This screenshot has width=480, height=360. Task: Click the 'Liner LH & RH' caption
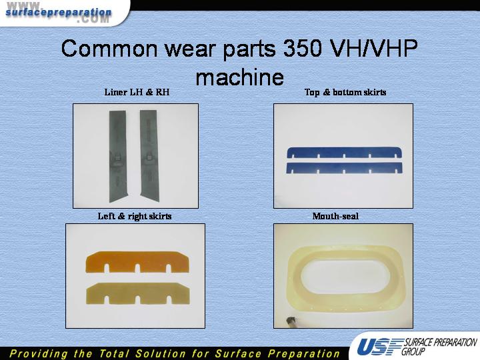click(137, 92)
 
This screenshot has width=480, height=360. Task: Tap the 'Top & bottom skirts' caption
click(345, 92)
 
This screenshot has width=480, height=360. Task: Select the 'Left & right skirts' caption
click(135, 216)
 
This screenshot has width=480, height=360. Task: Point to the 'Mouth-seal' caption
click(335, 216)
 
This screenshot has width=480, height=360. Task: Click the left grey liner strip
click(117, 156)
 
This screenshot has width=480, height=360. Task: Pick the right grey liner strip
click(149, 156)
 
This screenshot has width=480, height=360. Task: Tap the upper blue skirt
click(345, 153)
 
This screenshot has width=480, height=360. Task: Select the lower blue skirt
click(345, 168)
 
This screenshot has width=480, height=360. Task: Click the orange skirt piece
click(137, 262)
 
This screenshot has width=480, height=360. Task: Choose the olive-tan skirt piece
click(138, 293)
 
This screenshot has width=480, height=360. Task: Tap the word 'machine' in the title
click(240, 77)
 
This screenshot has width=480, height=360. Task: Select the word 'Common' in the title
click(110, 49)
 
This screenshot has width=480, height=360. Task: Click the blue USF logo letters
click(379, 347)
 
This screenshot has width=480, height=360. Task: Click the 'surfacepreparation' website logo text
click(59, 13)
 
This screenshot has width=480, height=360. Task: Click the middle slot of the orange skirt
click(137, 269)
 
